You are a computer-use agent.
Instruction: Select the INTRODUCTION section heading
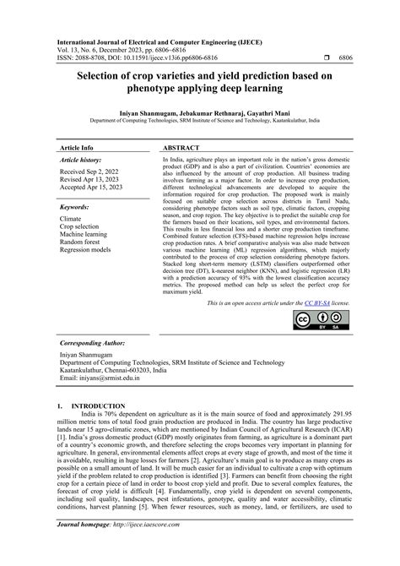click(x=99, y=406)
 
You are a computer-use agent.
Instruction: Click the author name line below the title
click(x=200, y=112)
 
